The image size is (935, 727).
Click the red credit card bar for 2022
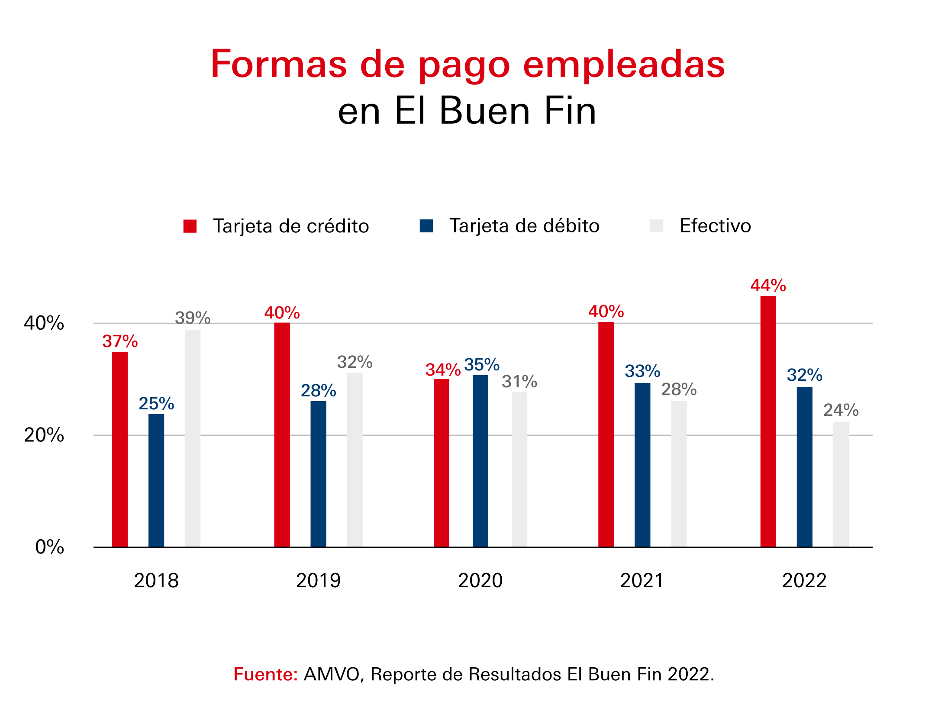[x=768, y=422]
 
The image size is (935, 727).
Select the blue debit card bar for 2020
[x=480, y=461]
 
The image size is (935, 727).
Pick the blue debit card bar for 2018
[x=156, y=480]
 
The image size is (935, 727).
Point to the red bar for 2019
[x=282, y=435]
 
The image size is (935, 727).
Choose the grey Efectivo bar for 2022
[x=841, y=485]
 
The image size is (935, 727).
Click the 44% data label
[x=768, y=286]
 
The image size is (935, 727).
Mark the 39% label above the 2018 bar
[x=193, y=318]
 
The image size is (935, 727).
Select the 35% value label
[x=482, y=365]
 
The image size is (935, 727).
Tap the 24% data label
[x=841, y=410]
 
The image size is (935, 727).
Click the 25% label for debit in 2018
[x=156, y=404]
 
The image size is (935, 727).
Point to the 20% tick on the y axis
[x=44, y=435]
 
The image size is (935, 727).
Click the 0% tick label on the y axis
[x=49, y=547]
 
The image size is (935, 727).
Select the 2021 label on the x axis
[x=642, y=581]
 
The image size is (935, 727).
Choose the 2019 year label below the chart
[x=318, y=581]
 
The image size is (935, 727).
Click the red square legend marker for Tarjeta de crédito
[x=190, y=226]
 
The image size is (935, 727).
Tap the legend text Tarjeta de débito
[x=524, y=226]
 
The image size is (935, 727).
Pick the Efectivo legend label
[x=715, y=226]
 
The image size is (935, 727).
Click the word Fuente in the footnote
[x=265, y=675]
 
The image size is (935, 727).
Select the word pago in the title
[x=464, y=65]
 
